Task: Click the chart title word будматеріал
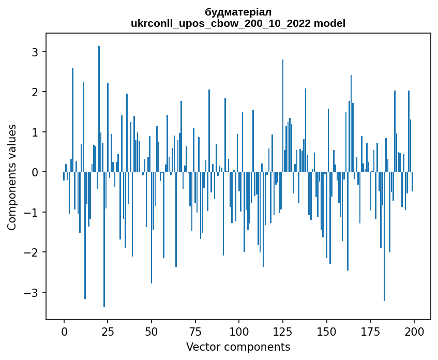point(238,12)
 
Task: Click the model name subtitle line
point(238,23)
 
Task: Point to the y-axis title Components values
point(12,177)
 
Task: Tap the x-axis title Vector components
point(238,347)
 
